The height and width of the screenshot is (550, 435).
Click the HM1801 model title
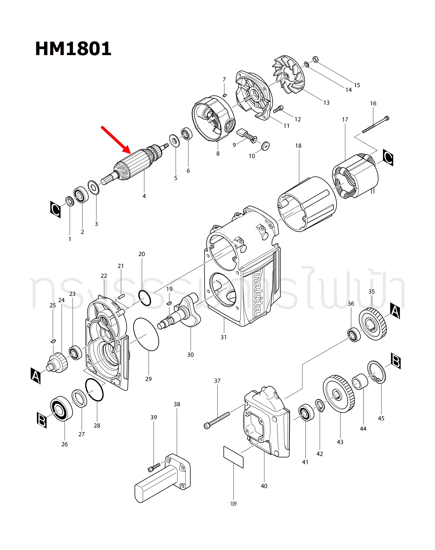pyautogui.click(x=73, y=49)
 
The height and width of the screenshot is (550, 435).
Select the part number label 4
pyautogui.click(x=144, y=196)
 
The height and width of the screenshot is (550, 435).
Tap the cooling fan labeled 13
pyautogui.click(x=288, y=75)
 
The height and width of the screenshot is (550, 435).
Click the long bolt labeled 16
pyautogui.click(x=375, y=125)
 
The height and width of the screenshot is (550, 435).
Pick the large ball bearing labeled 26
pyautogui.click(x=61, y=408)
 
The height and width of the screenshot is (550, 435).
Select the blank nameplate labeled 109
pyautogui.click(x=233, y=457)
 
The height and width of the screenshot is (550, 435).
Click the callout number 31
pyautogui.click(x=224, y=337)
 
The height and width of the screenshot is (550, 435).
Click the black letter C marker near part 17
pyautogui.click(x=388, y=158)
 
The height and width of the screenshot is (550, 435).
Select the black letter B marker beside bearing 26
pyautogui.click(x=42, y=420)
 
